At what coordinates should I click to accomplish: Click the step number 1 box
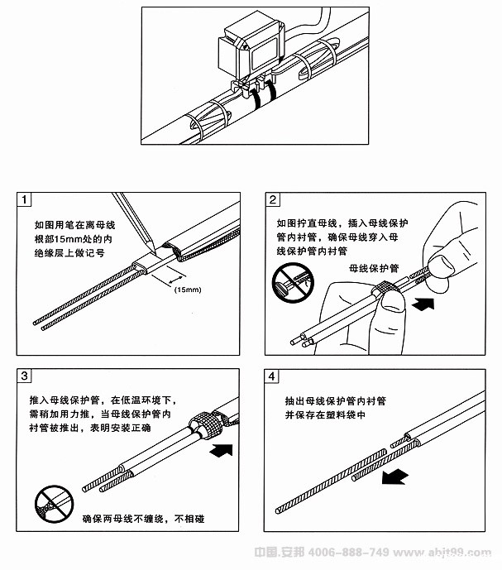tap(26, 201)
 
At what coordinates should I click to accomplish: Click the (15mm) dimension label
tap(187, 290)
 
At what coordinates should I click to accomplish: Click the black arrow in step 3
tap(222, 452)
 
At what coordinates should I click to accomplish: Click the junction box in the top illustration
tap(251, 49)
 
